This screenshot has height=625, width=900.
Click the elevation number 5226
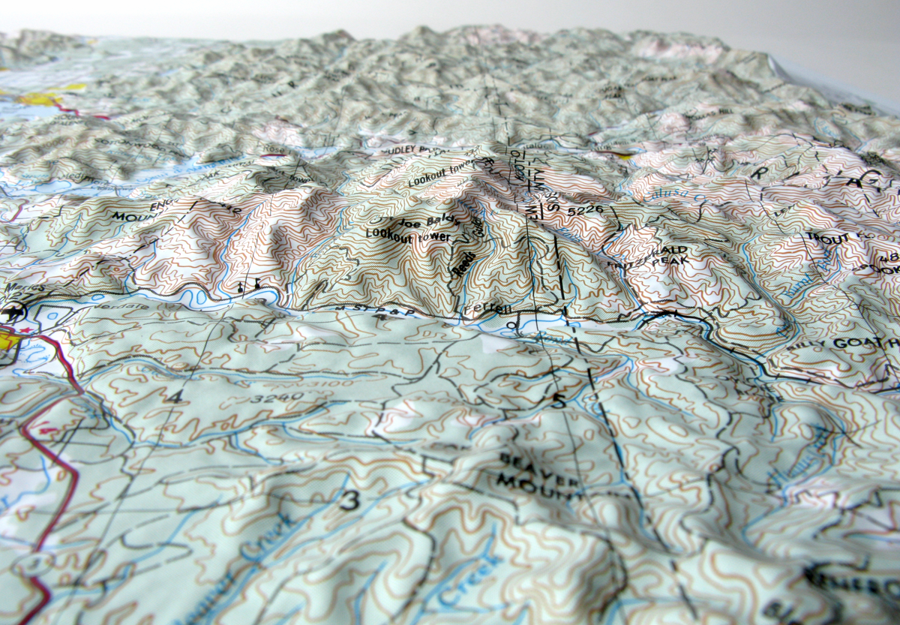coord(585,213)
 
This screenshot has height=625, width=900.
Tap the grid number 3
coord(349,500)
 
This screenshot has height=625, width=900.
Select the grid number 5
coord(558,401)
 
